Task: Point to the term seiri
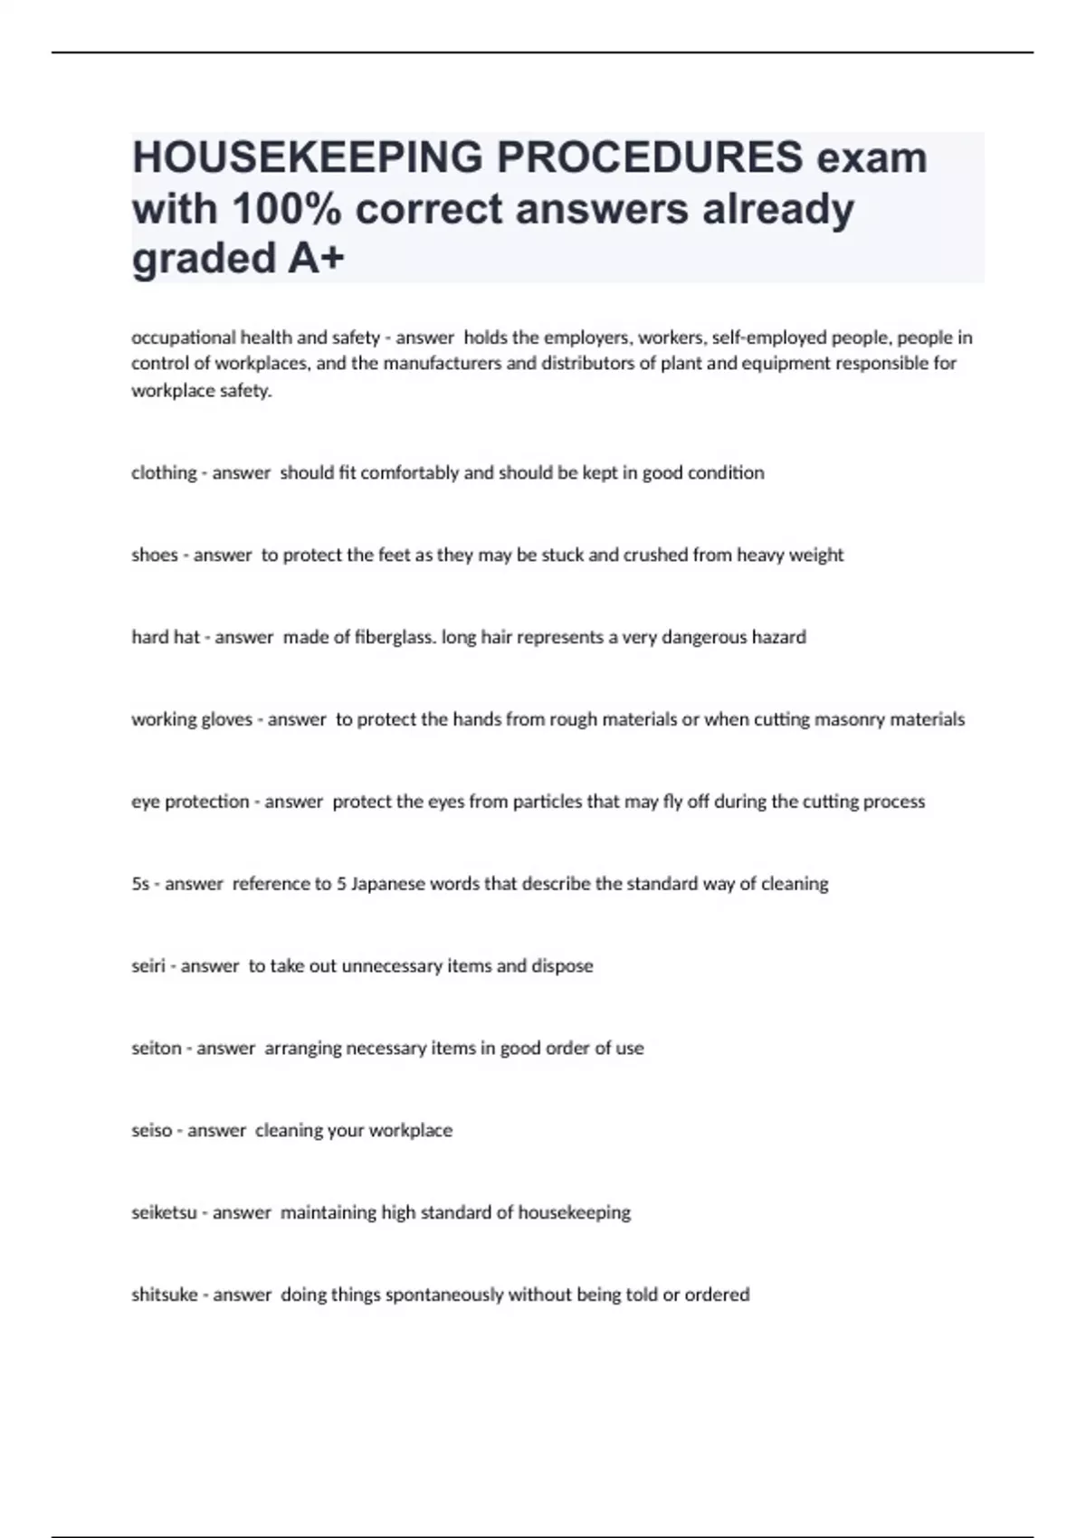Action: click(148, 966)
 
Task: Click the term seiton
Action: click(156, 1049)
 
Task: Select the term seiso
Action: click(151, 1131)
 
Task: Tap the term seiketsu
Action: click(164, 1213)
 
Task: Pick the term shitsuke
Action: click(164, 1296)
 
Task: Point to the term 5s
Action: click(140, 884)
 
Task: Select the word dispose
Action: click(562, 966)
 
